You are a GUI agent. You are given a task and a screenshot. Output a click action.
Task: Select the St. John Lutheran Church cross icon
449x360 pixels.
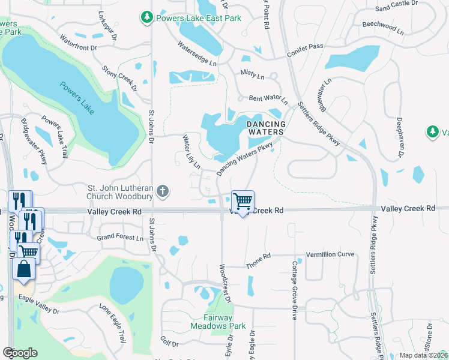161,192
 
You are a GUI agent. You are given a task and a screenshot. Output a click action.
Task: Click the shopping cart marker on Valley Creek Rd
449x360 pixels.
243,202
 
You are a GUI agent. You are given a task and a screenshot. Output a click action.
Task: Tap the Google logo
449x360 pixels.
20,353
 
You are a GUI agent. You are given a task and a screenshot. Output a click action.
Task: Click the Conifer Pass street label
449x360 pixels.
305,47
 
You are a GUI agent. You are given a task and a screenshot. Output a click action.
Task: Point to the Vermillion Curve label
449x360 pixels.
330,255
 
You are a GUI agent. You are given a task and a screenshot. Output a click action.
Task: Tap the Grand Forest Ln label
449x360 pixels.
121,238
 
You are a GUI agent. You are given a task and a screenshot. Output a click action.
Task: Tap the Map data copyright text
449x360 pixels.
423,355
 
